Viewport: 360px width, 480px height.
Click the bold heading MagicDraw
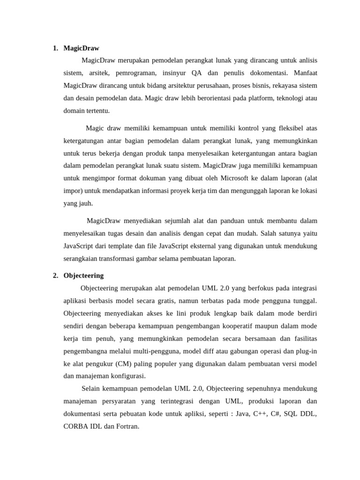pyautogui.click(x=81, y=48)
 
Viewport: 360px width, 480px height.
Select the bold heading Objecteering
pyautogui.click(x=83, y=276)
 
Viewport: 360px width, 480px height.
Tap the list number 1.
pyautogui.click(x=55, y=48)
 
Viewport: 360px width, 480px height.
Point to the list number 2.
pyautogui.click(x=55, y=276)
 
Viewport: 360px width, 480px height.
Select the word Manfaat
pyautogui.click(x=305, y=73)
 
